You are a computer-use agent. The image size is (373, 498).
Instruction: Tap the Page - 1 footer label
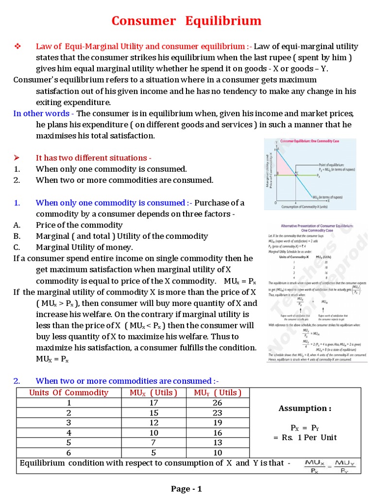[186, 489]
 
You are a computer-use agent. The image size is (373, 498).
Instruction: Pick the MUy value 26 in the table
[218, 403]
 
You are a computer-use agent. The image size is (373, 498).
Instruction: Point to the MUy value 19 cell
[218, 423]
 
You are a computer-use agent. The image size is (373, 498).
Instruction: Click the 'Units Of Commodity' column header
[69, 392]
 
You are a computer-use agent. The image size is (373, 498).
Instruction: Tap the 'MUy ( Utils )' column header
[218, 392]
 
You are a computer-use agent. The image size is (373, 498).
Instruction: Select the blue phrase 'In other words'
[41, 113]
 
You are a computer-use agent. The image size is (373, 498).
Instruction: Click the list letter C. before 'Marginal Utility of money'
[17, 247]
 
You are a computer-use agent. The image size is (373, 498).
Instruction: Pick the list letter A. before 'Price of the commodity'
[17, 225]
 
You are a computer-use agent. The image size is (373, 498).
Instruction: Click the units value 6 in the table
[69, 453]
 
